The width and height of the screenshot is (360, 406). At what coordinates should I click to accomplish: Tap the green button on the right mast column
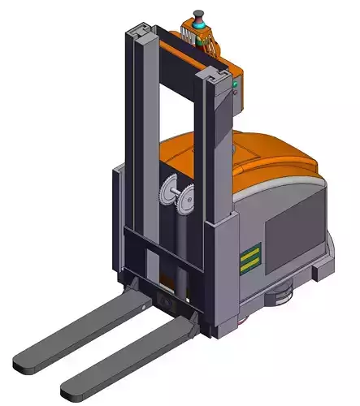tap(236, 83)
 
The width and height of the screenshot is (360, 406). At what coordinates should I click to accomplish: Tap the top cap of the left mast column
tap(142, 32)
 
